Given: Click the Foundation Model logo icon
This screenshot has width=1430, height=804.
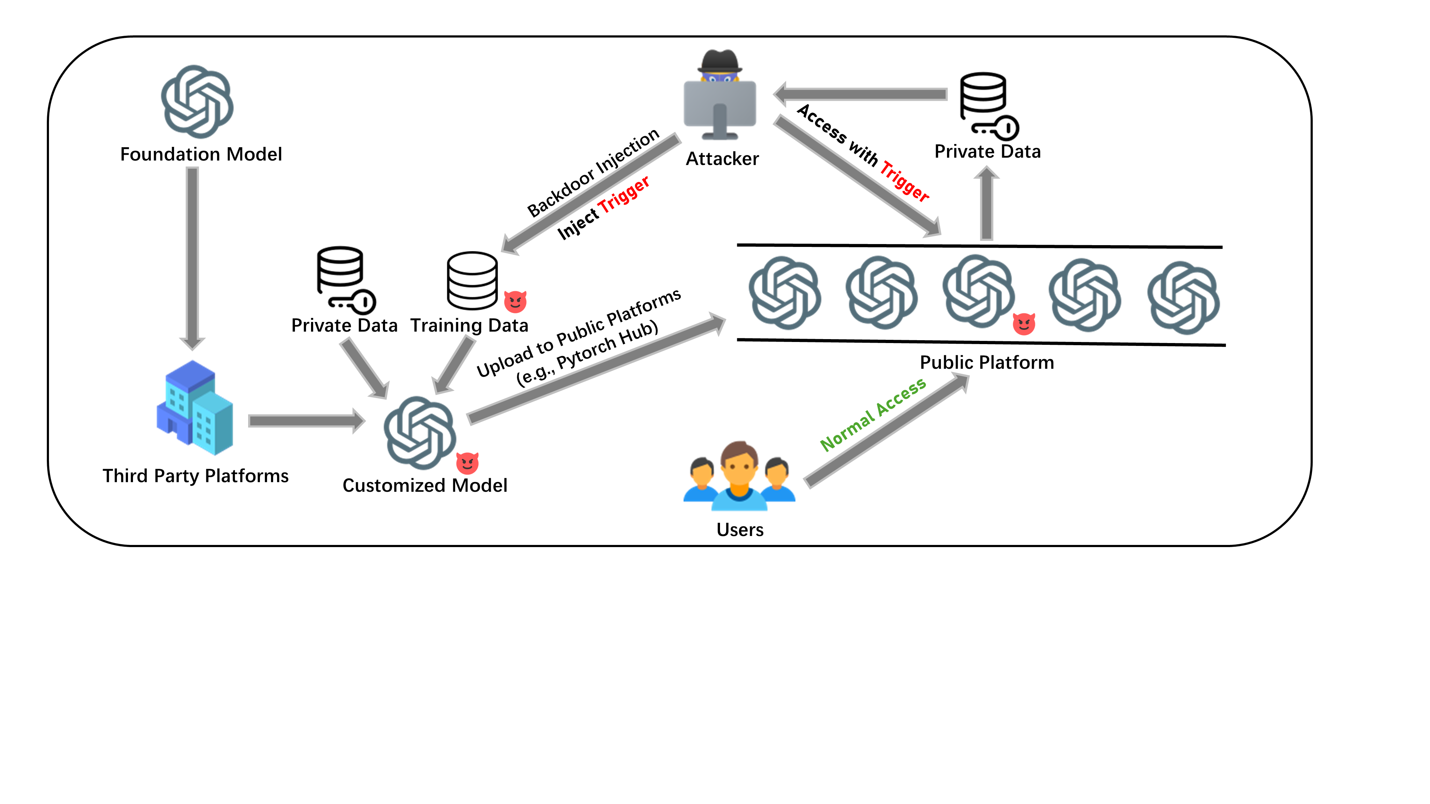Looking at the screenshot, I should coord(197,101).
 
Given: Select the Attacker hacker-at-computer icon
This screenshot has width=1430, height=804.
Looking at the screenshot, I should coord(719,95).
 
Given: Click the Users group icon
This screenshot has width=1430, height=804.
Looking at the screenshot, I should coord(739,476).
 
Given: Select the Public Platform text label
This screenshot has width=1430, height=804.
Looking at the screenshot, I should coord(986,362).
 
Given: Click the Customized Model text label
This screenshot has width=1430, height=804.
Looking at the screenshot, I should coord(425,486).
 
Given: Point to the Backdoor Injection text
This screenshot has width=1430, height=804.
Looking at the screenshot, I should coord(592,173).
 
